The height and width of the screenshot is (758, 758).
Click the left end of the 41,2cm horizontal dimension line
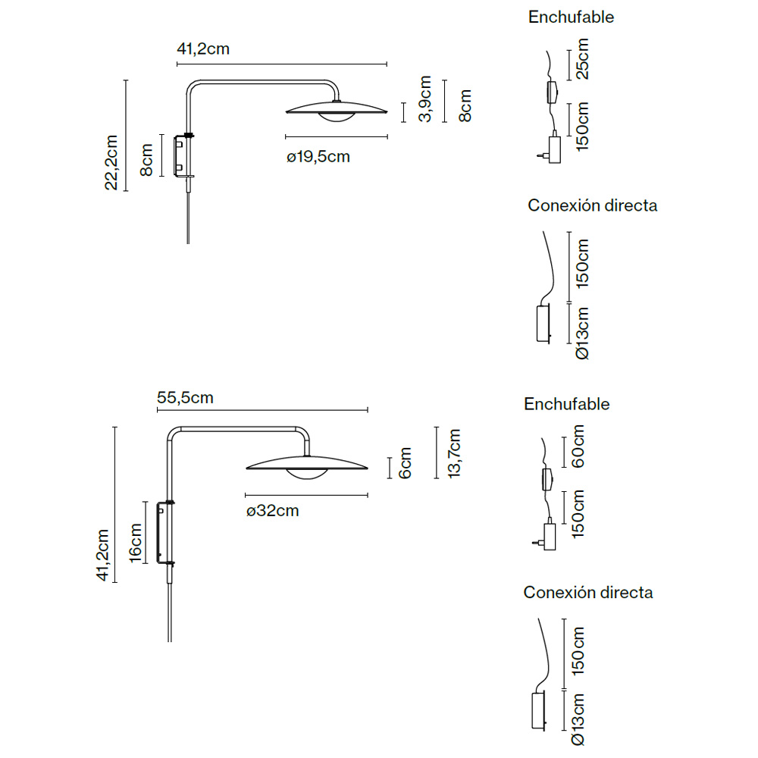pyautogui.click(x=177, y=64)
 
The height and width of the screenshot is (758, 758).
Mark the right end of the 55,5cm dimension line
pyautogui.click(x=368, y=410)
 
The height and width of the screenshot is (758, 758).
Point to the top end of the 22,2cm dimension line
pyautogui.click(x=126, y=80)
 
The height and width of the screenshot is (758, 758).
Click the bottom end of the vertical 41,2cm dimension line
pyautogui.click(x=114, y=582)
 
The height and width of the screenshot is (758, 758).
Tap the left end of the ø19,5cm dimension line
pyautogui.click(x=286, y=137)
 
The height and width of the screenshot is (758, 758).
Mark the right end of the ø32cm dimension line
pyautogui.click(x=368, y=495)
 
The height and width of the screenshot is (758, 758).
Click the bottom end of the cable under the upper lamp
pyautogui.click(x=188, y=243)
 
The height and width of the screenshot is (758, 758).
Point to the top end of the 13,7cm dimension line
pyautogui.click(x=437, y=428)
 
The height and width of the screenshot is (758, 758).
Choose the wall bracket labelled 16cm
pyautogui.click(x=164, y=533)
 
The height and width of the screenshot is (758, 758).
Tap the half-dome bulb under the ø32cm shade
pyautogui.click(x=307, y=474)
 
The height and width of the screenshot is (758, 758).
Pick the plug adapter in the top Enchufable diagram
pyautogui.click(x=551, y=149)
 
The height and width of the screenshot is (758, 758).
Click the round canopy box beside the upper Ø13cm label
pyautogui.click(x=543, y=323)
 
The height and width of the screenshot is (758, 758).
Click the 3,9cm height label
pyautogui.click(x=425, y=99)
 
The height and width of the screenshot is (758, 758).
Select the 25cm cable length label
pyautogui.click(x=582, y=59)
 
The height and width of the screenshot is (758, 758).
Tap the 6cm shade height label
pyautogui.click(x=405, y=463)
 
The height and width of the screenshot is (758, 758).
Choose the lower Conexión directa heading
pyautogui.click(x=588, y=592)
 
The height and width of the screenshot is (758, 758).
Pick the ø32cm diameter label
pyautogui.click(x=273, y=510)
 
